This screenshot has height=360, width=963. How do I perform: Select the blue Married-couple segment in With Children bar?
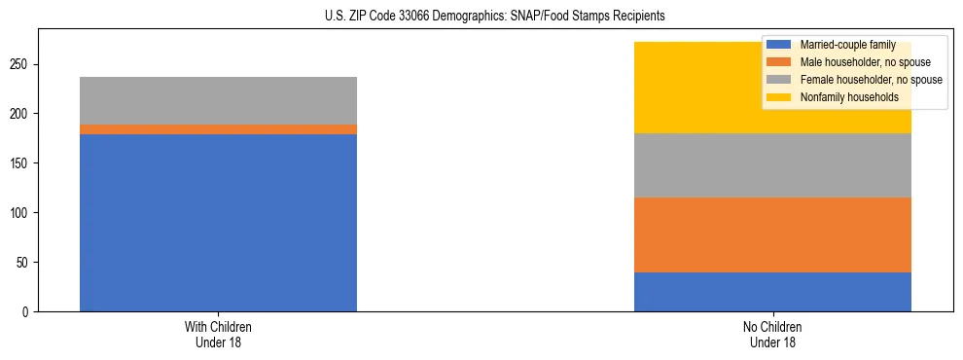tap(218, 223)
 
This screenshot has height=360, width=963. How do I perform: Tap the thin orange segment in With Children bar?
tap(218, 129)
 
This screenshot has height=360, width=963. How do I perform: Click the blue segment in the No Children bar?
tap(772, 292)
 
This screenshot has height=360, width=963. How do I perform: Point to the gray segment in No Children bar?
tap(772, 165)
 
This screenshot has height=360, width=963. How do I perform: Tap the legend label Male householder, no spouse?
tap(865, 62)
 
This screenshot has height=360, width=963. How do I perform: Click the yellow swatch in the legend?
tap(780, 97)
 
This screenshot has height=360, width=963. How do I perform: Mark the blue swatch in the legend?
tap(780, 45)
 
